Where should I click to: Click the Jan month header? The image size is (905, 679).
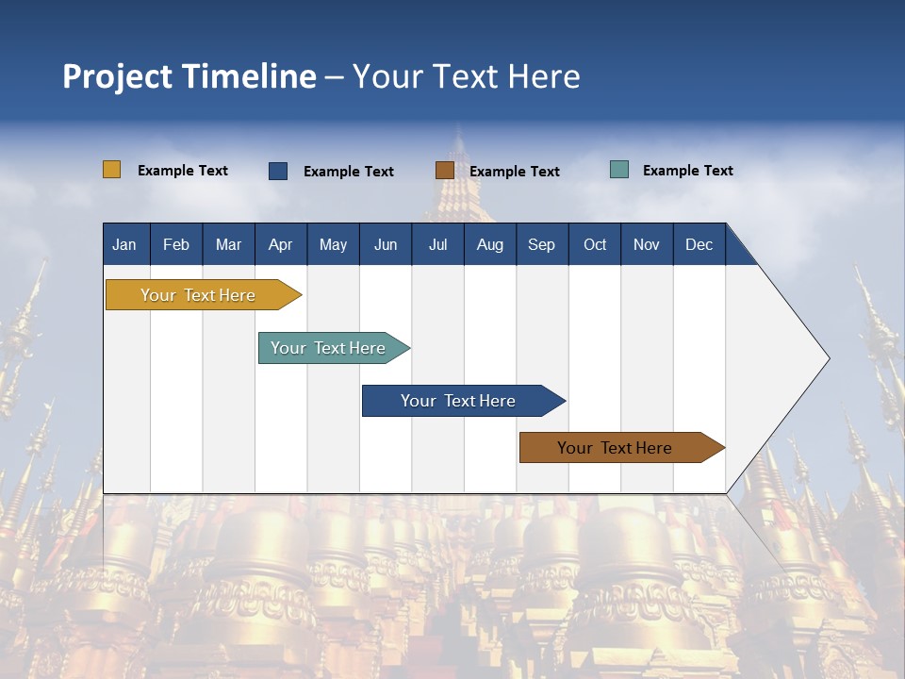124,244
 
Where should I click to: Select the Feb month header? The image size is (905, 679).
176,244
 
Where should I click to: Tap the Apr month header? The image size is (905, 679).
280,244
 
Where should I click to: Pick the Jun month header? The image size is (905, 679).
386,244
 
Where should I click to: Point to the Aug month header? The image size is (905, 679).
489,244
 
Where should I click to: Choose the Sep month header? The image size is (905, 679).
541,244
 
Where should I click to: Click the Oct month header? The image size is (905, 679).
595,244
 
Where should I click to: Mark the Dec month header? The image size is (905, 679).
699,244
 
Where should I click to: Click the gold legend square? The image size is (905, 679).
112,170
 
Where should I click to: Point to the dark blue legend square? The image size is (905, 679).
278,171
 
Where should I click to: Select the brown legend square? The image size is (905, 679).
445,171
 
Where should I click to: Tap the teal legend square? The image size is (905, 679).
619,170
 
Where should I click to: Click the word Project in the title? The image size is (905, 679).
118,76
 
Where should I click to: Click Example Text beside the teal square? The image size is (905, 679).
687,171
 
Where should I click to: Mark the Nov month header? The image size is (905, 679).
647,244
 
